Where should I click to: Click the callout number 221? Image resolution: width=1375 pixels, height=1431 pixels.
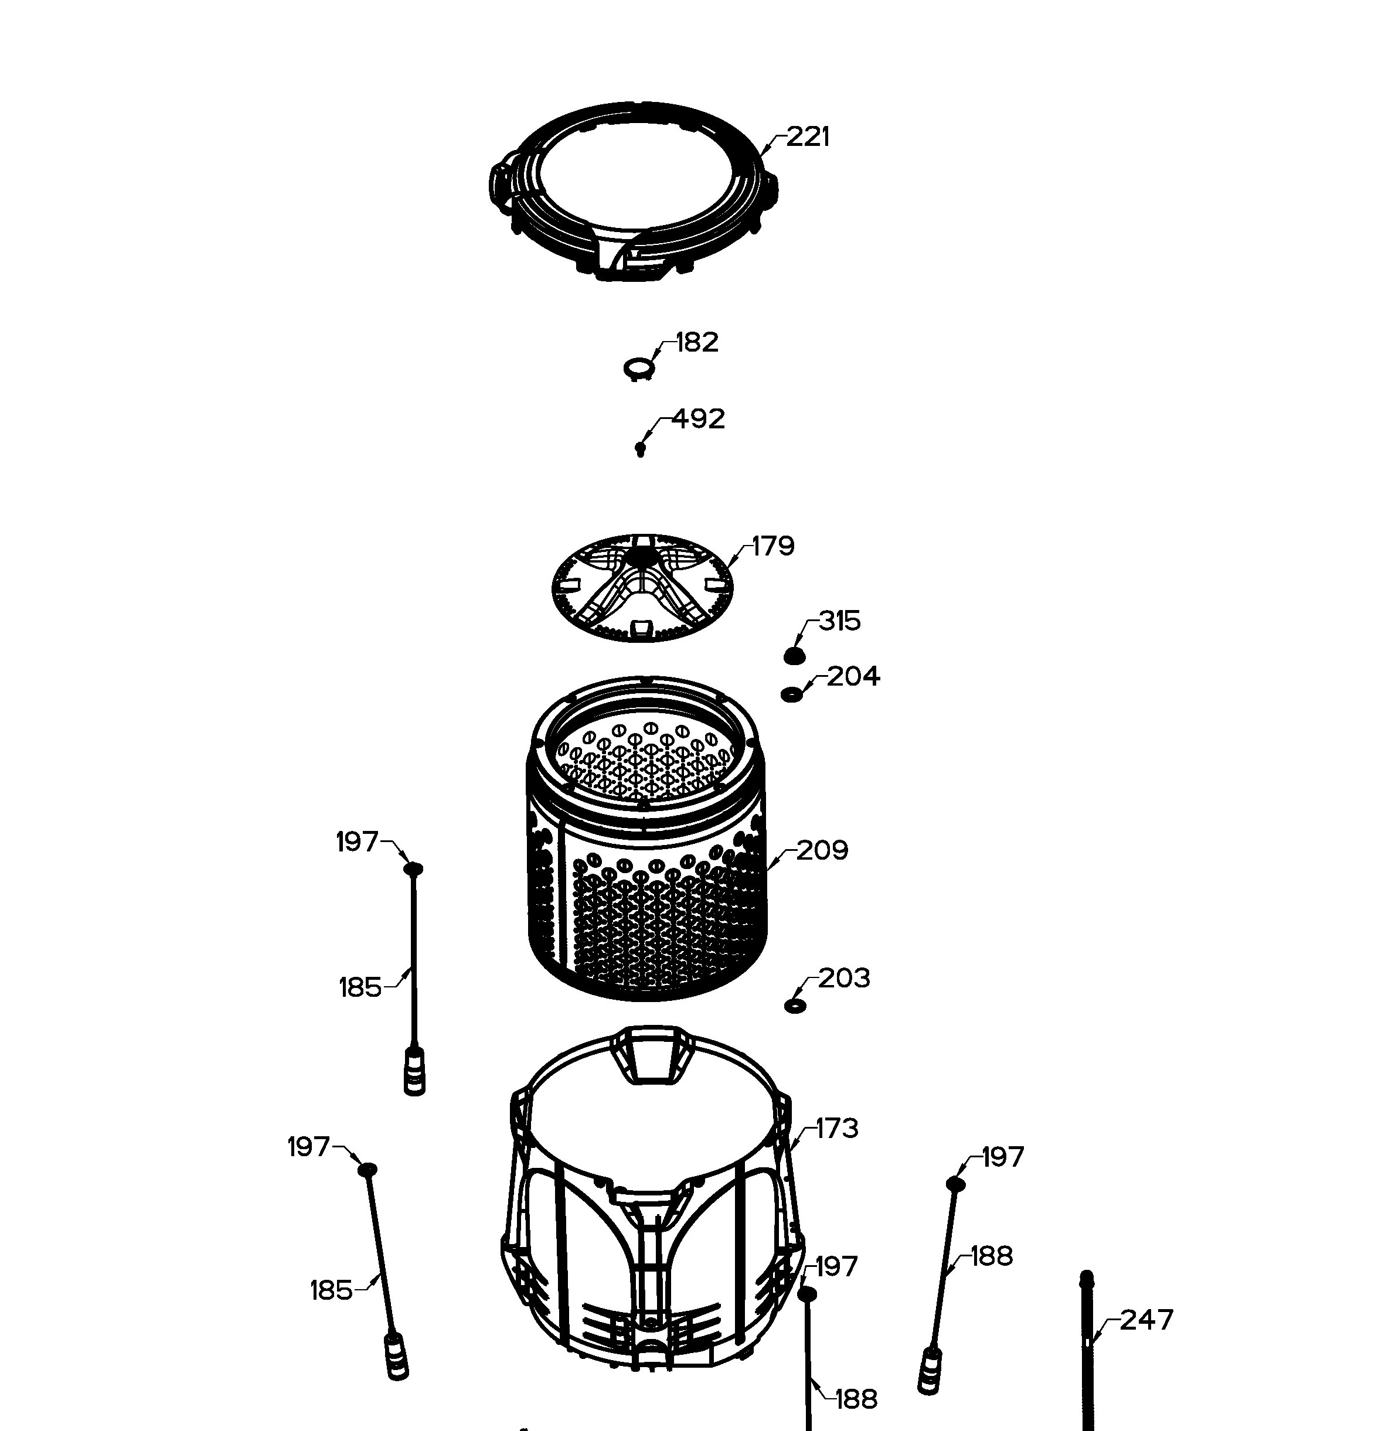(x=808, y=137)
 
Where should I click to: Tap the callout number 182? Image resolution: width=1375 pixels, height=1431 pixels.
(x=697, y=342)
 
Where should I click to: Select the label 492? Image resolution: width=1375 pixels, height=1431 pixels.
(x=698, y=418)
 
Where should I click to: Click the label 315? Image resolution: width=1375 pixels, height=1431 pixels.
(x=840, y=621)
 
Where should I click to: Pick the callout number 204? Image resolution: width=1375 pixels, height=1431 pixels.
(x=853, y=676)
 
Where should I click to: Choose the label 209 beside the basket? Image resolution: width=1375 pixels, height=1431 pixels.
(x=822, y=850)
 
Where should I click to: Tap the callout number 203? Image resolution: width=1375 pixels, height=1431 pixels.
(x=844, y=979)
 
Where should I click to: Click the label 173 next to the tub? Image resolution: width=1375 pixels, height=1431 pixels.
(x=837, y=1128)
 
